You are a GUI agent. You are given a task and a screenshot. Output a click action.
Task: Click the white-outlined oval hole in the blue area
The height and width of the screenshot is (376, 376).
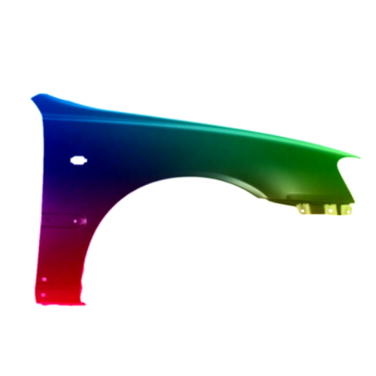coord(78,159)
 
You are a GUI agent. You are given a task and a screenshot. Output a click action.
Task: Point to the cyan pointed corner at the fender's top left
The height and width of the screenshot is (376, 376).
coord(32,96)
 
